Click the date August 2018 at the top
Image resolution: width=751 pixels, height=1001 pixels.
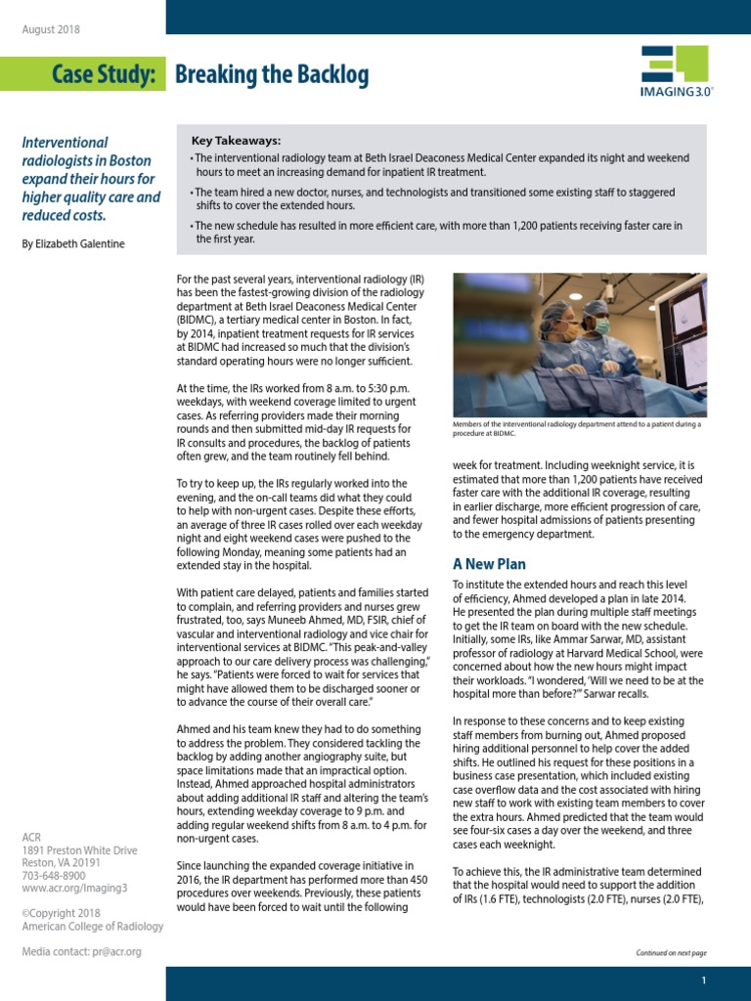(x=51, y=28)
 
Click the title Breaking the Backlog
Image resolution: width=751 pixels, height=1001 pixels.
(x=272, y=74)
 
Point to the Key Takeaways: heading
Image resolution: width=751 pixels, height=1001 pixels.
(x=236, y=141)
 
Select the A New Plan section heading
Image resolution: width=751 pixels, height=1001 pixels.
(x=489, y=564)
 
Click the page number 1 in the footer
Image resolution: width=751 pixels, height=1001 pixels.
(x=703, y=980)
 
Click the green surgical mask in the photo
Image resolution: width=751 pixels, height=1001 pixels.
(x=601, y=326)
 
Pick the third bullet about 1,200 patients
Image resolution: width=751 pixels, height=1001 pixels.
(x=435, y=232)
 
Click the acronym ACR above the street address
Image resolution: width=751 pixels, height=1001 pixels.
(x=32, y=837)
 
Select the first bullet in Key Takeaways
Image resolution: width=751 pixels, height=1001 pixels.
(x=440, y=164)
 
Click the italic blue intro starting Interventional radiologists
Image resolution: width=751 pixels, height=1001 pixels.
(x=91, y=179)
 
